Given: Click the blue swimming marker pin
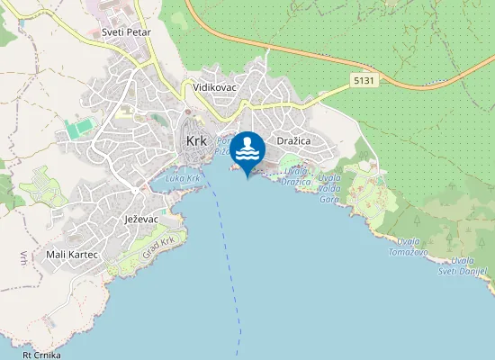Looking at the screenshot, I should (247, 149).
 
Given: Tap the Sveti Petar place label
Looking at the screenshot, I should (126, 31).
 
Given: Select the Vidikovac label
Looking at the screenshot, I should (213, 88).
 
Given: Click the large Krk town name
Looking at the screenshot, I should (196, 141).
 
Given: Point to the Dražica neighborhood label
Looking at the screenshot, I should (294, 142).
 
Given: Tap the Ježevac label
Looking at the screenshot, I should (141, 219).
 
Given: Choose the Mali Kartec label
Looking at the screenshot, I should (71, 255).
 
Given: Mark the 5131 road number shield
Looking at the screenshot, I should (364, 80).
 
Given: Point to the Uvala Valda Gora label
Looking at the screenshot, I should (328, 187).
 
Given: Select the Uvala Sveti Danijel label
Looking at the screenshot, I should (468, 266).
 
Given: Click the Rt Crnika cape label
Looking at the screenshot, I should (41, 355).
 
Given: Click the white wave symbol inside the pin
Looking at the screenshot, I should (247, 155).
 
